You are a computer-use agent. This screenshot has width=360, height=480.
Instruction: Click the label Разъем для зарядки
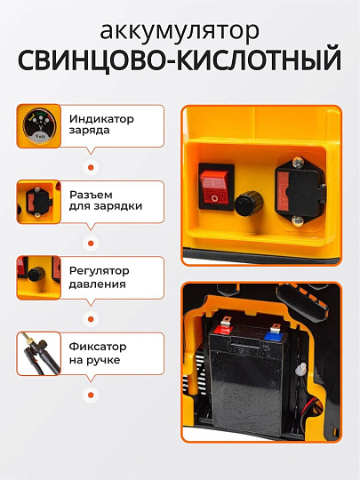coord(105,200)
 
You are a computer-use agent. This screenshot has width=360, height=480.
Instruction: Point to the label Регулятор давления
coord(97,276)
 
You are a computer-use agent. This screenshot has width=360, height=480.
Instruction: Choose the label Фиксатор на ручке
coord(96,353)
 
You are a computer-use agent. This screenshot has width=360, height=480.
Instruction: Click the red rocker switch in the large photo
coord(215,185)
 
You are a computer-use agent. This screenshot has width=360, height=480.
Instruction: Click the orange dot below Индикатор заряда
coord(89,166)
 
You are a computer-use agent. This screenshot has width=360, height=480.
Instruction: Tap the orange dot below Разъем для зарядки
coord(89,242)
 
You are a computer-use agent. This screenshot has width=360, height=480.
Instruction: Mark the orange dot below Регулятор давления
coord(89,317)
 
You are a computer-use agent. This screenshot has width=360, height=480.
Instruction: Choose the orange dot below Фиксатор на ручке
coord(89,394)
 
